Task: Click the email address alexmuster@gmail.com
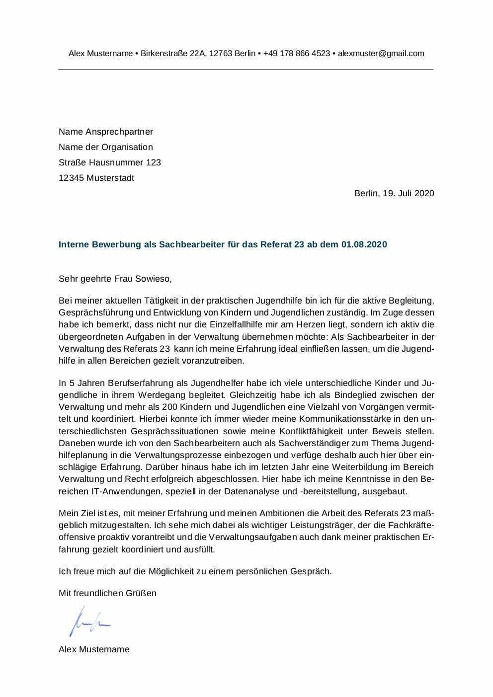coord(381,54)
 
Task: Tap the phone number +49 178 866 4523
coord(297,54)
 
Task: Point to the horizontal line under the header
coord(246,69)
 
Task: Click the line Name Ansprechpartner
coord(106,132)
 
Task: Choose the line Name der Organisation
coord(106,147)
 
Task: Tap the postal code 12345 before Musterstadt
coord(71,178)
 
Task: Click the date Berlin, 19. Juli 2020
coord(394,193)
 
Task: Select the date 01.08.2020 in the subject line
coord(364,245)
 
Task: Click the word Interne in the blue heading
coord(74,245)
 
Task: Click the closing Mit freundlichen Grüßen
coord(107,593)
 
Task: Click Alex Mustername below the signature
coord(94,649)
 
